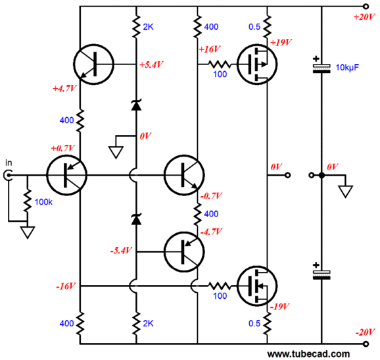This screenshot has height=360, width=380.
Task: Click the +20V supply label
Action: coord(364,17)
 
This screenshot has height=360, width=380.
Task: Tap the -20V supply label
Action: coord(366,332)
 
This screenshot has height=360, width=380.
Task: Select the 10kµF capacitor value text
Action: coord(347,67)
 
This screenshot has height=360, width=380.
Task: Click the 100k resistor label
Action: coord(43,202)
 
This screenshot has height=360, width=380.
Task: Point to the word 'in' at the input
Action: coord(9,163)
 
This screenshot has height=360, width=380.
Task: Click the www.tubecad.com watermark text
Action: coord(308,354)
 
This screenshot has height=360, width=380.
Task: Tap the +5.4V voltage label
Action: coord(151,64)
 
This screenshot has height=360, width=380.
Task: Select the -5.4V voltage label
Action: coord(121,250)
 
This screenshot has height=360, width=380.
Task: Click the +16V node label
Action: coord(209,49)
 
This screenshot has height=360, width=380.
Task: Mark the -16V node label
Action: coord(66,286)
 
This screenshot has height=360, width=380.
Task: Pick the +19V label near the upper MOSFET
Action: coord(281,43)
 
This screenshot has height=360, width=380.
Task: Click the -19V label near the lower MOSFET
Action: coord(280,307)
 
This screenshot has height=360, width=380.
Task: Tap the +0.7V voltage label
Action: coord(62,148)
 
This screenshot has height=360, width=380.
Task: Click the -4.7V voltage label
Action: coord(211,232)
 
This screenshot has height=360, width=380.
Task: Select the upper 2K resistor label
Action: coord(148,27)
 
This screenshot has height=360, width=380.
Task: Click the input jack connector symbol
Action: coord(7,175)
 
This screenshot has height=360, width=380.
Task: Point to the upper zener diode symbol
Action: coord(136,105)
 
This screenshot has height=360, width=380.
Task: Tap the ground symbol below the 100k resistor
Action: coord(28,232)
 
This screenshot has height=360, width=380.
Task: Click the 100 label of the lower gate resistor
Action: coord(220,296)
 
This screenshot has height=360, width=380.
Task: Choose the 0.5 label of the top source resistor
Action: coord(254,27)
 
